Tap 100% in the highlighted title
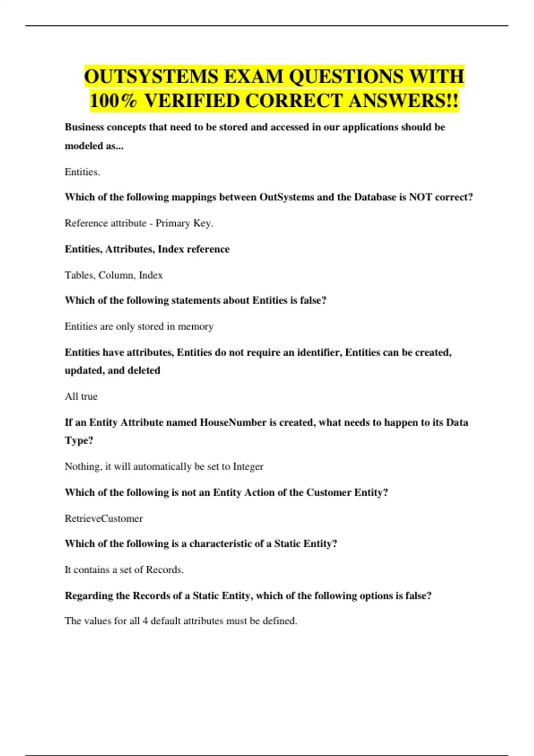(113, 101)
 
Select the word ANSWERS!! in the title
(403, 101)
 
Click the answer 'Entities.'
(82, 172)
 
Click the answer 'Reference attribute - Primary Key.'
(139, 223)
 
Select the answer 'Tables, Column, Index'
(113, 275)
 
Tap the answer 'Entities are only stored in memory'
(139, 326)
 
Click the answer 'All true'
(81, 397)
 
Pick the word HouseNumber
(233, 422)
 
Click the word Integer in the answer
(248, 466)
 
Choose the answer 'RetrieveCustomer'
(104, 519)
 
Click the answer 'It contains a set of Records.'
(124, 570)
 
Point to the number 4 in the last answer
(145, 621)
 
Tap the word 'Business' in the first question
(84, 127)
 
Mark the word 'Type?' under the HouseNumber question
(79, 441)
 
